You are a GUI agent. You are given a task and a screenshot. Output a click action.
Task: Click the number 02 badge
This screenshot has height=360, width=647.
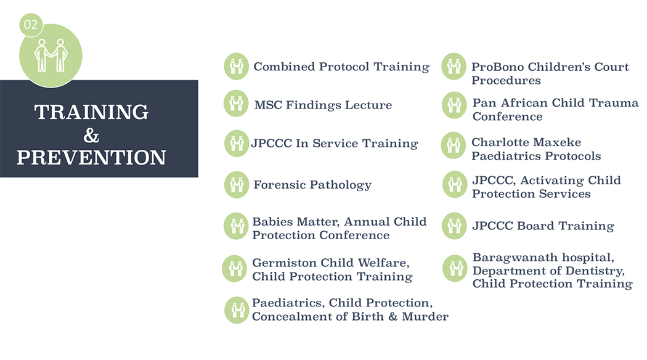tap(31, 25)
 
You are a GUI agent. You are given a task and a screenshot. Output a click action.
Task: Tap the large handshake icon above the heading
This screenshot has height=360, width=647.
tap(51, 55)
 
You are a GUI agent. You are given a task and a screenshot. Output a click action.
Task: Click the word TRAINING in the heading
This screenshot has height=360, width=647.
tap(91, 112)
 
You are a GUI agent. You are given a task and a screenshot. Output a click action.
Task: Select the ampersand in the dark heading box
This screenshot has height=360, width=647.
tap(91, 135)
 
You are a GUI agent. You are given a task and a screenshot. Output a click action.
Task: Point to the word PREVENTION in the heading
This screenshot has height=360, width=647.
tap(91, 157)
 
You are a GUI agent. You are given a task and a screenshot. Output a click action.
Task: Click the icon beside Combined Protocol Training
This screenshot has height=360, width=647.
tap(237, 66)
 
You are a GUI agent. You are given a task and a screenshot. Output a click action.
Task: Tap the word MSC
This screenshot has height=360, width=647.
tap(268, 105)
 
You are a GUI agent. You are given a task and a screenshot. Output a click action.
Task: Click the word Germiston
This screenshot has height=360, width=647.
tap(285, 263)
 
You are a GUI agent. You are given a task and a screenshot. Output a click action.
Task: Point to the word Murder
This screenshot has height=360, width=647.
tap(425, 316)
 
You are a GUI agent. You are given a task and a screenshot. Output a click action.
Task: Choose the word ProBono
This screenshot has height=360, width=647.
tap(498, 67)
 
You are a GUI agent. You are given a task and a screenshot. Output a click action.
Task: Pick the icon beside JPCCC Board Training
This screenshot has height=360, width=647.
tap(454, 226)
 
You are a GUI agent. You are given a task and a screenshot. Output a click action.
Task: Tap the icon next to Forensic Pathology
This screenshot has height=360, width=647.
tap(237, 184)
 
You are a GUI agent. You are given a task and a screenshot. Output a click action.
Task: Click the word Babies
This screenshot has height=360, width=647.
tap(272, 222)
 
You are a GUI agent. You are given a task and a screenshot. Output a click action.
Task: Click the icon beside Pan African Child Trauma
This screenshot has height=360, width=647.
tap(454, 105)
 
